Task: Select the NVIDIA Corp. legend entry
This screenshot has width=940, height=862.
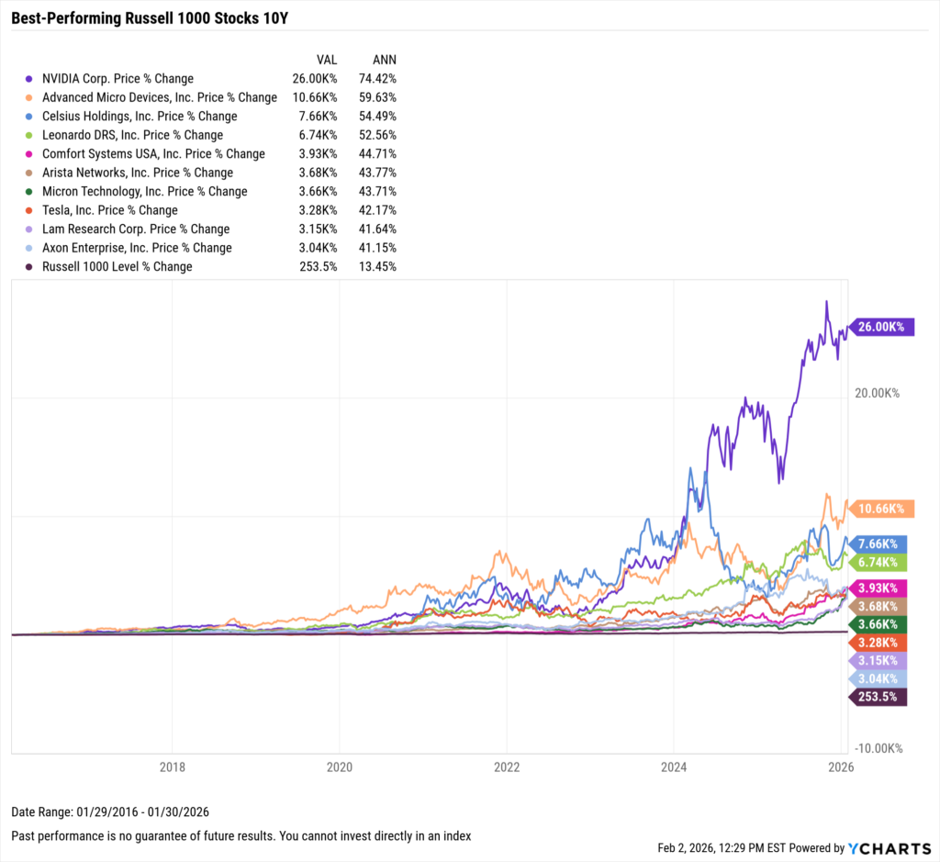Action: [117, 79]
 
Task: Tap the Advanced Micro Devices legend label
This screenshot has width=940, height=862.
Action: [159, 97]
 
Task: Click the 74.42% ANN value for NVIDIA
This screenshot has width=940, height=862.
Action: [379, 79]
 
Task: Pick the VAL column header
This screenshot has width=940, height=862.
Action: [327, 59]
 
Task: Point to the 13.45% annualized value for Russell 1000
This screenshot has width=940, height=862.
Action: [379, 266]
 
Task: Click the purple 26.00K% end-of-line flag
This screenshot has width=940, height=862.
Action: [882, 327]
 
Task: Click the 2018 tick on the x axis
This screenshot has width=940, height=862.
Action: [173, 766]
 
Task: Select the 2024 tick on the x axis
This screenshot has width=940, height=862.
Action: [674, 766]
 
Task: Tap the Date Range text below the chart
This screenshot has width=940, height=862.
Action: [103, 813]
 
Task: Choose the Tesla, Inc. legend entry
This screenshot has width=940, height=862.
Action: [110, 210]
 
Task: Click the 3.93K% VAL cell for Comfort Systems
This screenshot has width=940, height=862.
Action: [319, 153]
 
